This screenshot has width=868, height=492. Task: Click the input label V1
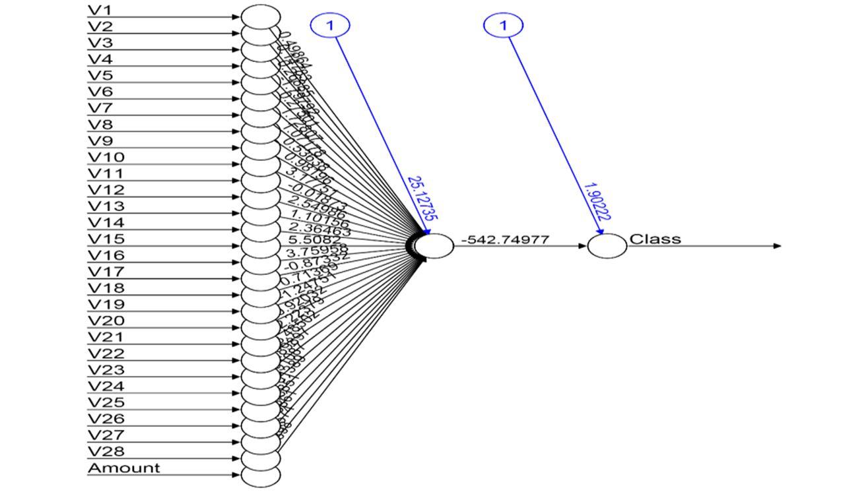point(100,10)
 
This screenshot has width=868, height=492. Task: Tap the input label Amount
point(124,468)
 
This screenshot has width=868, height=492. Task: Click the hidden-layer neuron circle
point(434,246)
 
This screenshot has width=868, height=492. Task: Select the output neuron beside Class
point(607,246)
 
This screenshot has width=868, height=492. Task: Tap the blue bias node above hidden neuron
point(330,25)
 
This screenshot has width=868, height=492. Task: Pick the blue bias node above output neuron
point(504,25)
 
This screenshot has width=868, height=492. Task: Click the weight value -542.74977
point(504,239)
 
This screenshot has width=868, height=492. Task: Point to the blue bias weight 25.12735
point(423,199)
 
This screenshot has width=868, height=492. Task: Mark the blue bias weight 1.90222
point(596,202)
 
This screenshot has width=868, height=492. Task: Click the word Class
point(655,239)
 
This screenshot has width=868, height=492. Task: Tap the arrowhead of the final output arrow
point(777,246)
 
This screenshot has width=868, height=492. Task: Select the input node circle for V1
point(261,16)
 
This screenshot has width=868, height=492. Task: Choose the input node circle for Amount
point(261,475)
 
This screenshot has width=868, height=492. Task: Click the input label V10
point(106,157)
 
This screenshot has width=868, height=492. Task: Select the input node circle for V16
point(261,262)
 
